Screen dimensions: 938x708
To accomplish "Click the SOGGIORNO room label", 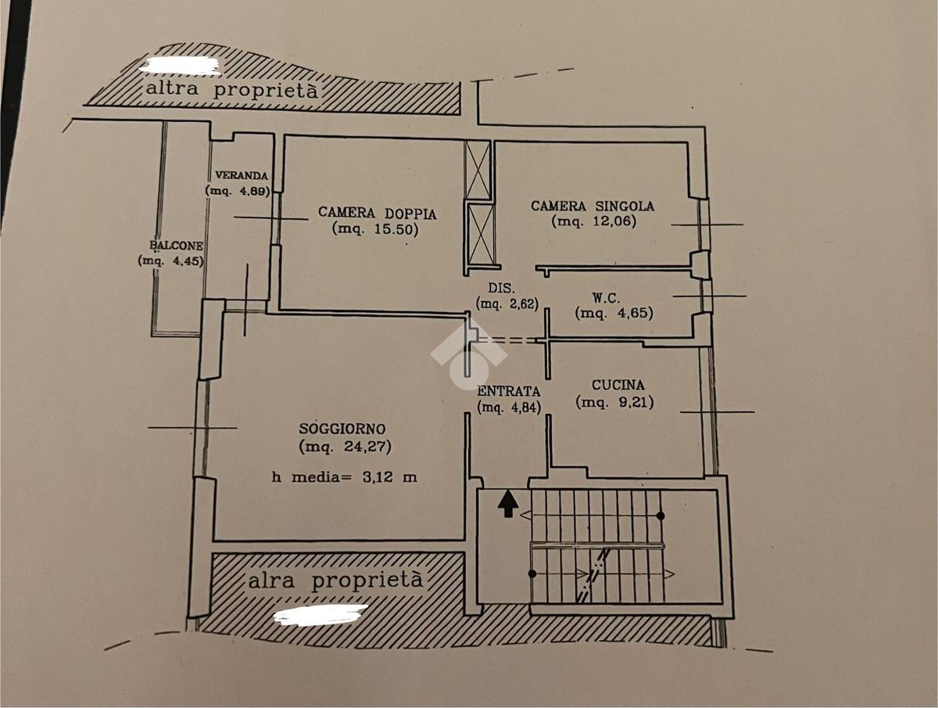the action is tap(342, 429).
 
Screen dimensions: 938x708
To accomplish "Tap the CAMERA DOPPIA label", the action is tap(377, 213).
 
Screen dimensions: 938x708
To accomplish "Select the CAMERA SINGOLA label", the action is tap(593, 206).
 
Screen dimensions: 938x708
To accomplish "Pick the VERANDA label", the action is tap(242, 175).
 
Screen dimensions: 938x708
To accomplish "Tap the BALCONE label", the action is tap(176, 246).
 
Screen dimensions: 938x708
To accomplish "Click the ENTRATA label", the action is tap(509, 390).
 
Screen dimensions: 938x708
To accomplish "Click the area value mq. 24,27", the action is tap(345, 447).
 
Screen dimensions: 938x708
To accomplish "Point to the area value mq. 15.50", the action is tap(375, 229).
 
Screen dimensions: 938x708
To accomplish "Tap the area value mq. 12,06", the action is tap(593, 221).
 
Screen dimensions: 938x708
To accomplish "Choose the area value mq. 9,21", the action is tap(614, 402).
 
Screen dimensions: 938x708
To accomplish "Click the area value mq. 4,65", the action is tap(614, 314).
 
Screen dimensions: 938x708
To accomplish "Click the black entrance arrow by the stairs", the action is tap(508, 504).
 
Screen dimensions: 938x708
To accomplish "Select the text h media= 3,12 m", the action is tap(345, 477).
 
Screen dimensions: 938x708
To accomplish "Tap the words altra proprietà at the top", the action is tap(232, 90).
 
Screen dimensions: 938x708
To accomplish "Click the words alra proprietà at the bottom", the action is tap(335, 580).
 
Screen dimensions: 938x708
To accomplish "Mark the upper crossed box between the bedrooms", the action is tap(478, 170).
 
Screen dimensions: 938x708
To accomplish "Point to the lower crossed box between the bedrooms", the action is tap(482, 235).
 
